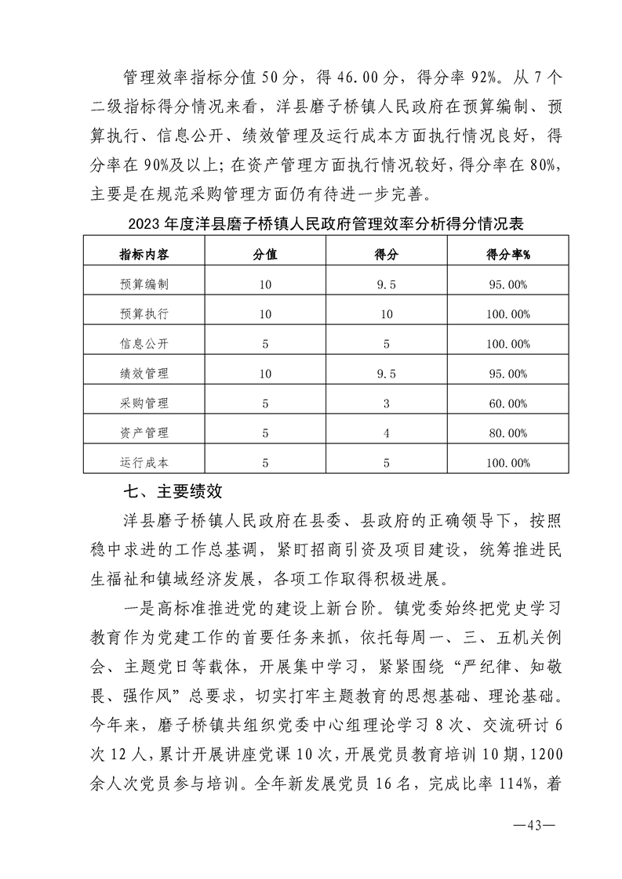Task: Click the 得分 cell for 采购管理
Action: click(386, 403)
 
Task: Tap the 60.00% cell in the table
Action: click(507, 403)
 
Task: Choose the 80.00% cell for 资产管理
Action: click(507, 433)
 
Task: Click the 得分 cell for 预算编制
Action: click(386, 284)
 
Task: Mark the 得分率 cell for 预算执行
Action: click(507, 314)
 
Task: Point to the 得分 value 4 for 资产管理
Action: click(386, 433)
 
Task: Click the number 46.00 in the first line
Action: click(323, 78)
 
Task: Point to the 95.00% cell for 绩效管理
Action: click(507, 374)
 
